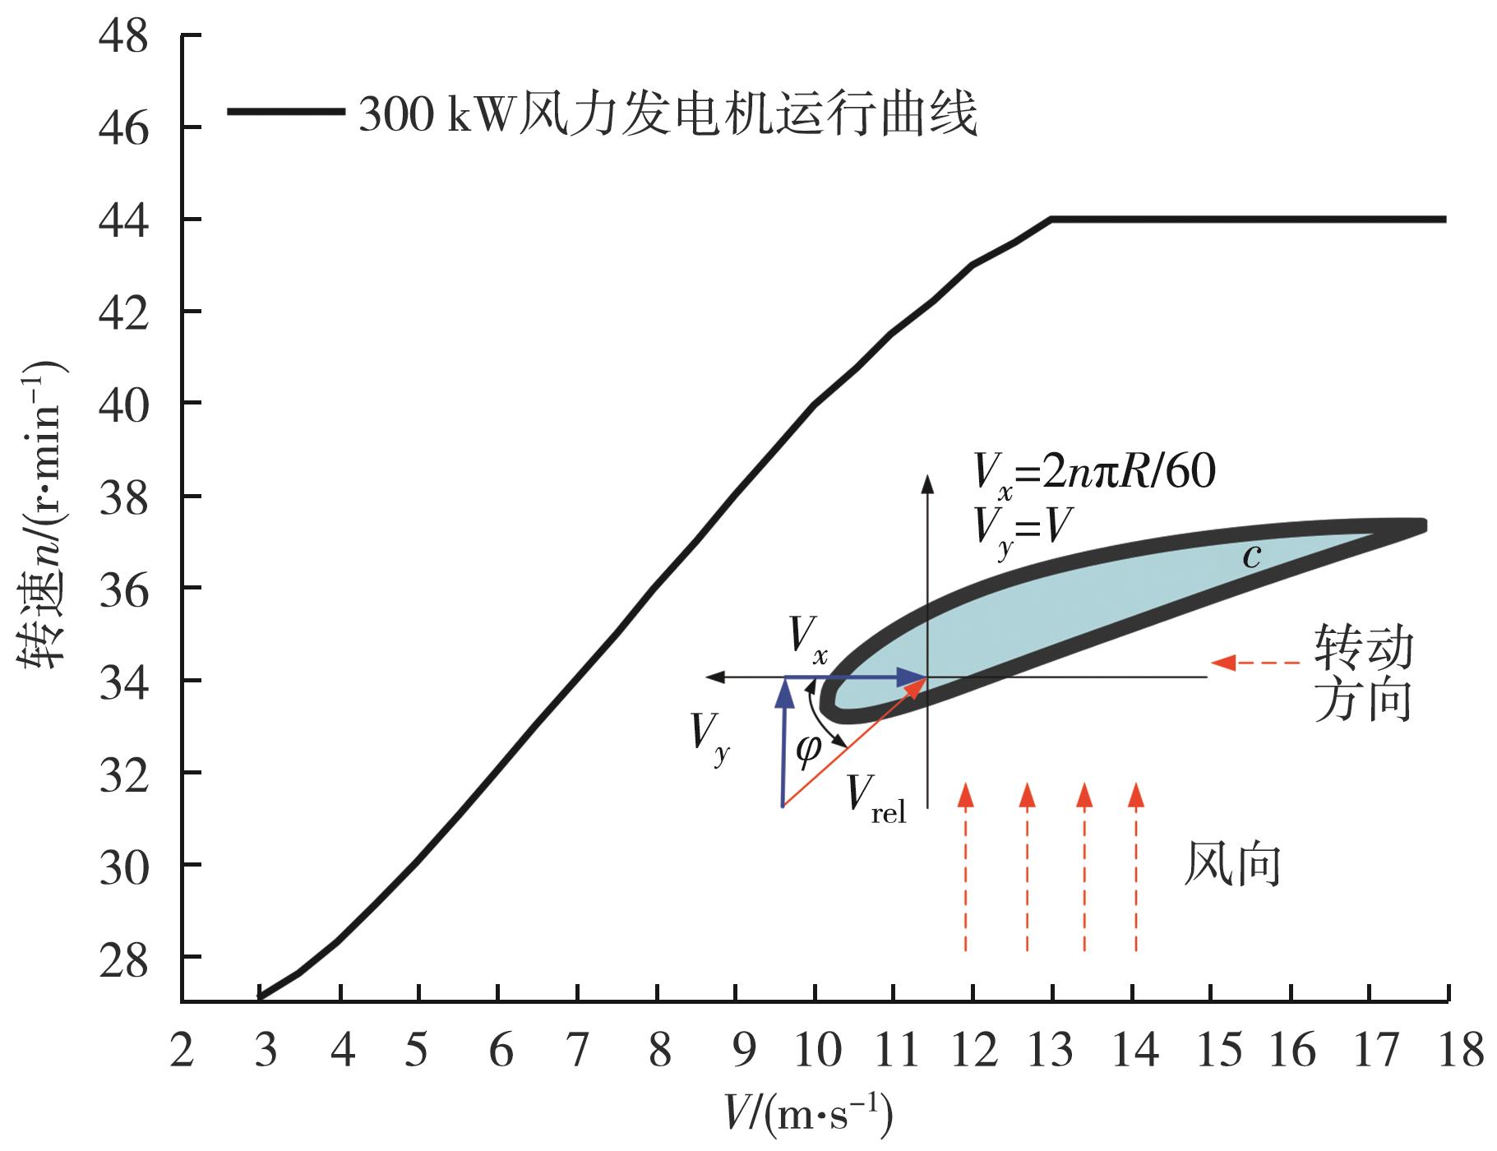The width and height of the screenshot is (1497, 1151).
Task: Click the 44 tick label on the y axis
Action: [123, 220]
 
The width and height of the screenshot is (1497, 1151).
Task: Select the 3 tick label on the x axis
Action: [265, 1050]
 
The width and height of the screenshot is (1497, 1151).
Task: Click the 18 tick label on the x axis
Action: [1461, 1050]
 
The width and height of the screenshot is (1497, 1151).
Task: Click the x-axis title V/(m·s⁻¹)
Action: [809, 1113]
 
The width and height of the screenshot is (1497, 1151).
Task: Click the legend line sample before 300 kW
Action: [285, 112]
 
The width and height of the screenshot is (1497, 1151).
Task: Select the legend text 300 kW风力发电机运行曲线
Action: [668, 113]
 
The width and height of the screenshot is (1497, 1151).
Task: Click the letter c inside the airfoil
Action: [1251, 557]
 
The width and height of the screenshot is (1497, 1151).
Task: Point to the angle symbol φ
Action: [808, 748]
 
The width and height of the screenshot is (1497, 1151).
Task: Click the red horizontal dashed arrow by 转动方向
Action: [1255, 662]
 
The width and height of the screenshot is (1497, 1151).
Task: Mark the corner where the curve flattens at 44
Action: [1051, 220]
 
